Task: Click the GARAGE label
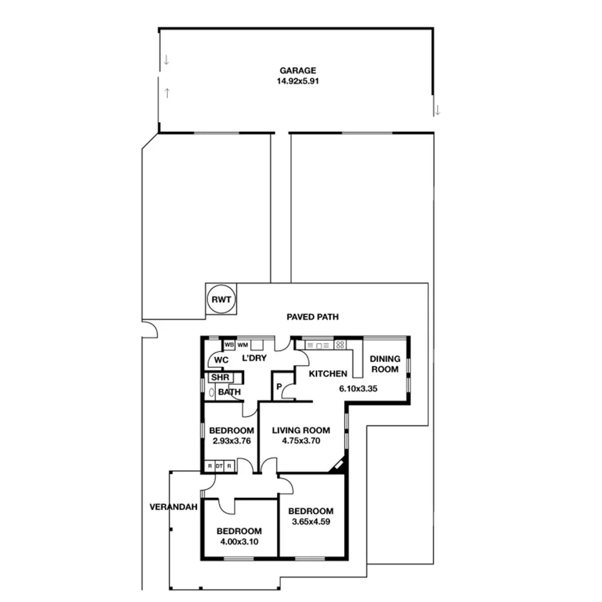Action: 298,70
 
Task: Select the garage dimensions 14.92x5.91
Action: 298,81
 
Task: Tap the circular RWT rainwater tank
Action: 221,300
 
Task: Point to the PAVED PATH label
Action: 313,317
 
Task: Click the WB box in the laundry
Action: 229,345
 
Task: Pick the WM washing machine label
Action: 243,345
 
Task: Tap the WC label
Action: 222,360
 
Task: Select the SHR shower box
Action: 220,377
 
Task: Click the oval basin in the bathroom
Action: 211,392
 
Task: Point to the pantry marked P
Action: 279,387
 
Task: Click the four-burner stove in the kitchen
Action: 340,345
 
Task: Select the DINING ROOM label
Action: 385,364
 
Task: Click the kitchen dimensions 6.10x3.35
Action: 358,389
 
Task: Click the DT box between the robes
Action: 219,465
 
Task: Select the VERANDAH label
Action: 172,507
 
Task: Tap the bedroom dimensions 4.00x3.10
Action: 240,542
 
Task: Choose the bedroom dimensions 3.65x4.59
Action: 311,522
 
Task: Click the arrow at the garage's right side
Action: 437,110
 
